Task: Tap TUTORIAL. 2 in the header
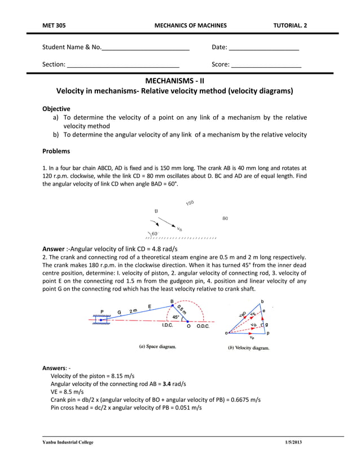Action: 290,25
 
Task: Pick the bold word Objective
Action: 56,108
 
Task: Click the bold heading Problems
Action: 56,151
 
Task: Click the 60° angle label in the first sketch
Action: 154,233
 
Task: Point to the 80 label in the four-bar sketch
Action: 225,218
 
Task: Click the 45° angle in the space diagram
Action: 176,317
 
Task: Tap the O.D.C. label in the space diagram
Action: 203,326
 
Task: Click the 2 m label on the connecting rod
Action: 134,310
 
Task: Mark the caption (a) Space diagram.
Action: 157,347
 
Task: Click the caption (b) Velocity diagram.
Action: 248,348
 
